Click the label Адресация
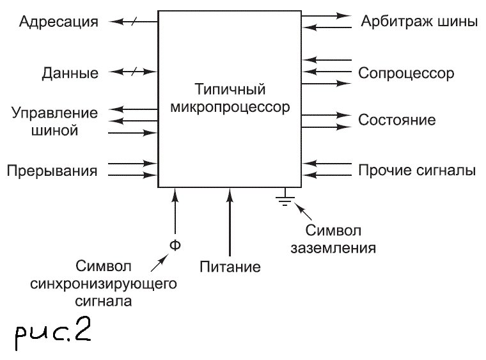[59, 22]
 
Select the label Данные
[70, 73]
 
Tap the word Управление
[55, 114]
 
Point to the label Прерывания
[52, 171]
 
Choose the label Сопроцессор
[406, 73]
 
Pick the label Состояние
[397, 120]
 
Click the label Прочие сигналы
[416, 171]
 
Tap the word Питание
[230, 267]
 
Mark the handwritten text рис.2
[53, 333]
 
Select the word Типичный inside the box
[230, 89]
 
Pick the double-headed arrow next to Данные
[132, 72]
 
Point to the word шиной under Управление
[54, 131]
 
